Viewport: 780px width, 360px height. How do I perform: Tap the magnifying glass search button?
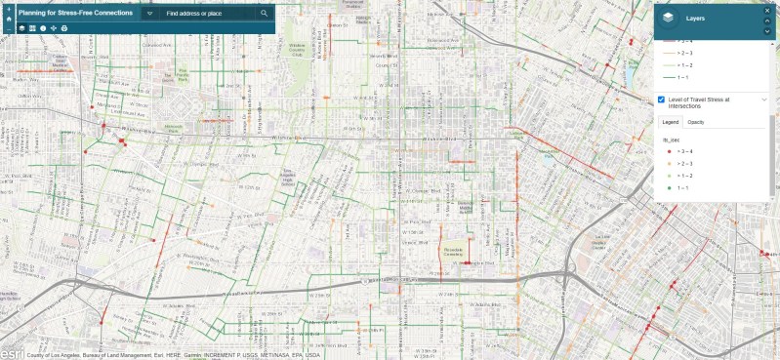click(265, 14)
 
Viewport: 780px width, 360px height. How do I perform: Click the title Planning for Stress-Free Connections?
click(75, 14)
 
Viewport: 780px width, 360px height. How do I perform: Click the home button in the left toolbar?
click(8, 19)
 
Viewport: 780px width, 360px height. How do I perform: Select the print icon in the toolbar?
click(64, 29)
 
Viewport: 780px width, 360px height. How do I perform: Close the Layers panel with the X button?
click(767, 11)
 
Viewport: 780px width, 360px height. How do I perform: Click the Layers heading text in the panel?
click(696, 19)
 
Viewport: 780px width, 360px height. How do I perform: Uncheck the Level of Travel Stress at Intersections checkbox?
click(663, 100)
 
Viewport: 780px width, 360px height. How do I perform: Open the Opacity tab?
click(696, 122)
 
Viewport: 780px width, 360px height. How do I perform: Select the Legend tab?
click(671, 122)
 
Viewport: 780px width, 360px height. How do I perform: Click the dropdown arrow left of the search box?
click(149, 14)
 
